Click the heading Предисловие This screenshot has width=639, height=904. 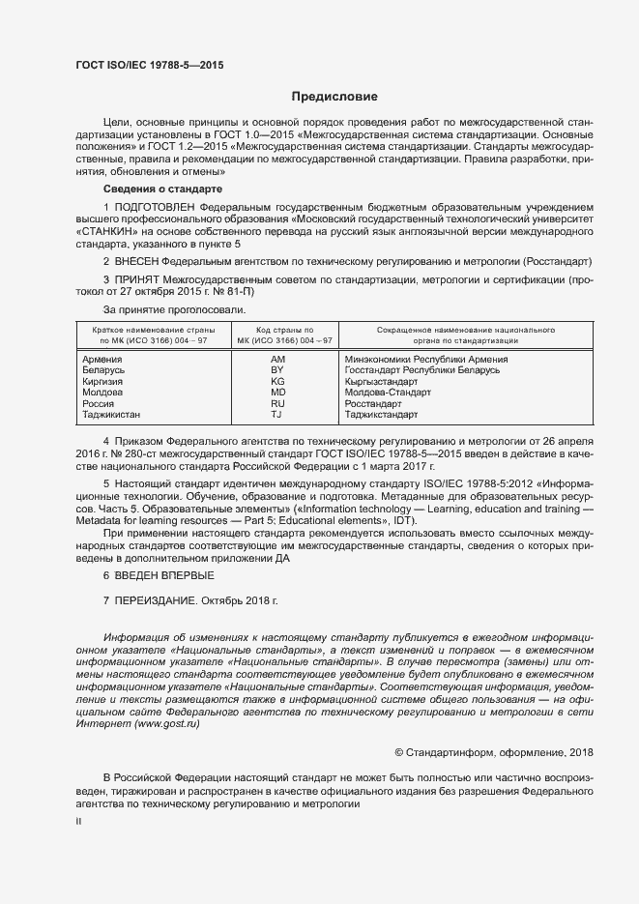point(334,97)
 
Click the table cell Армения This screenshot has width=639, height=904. point(104,360)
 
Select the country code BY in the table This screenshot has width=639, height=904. point(277,370)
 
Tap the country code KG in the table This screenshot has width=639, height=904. point(277,382)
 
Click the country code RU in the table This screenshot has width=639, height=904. point(277,404)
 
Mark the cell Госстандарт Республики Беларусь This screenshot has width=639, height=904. point(421,370)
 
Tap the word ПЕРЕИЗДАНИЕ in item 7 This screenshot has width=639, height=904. point(157,600)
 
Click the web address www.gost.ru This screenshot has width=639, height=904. point(167,722)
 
